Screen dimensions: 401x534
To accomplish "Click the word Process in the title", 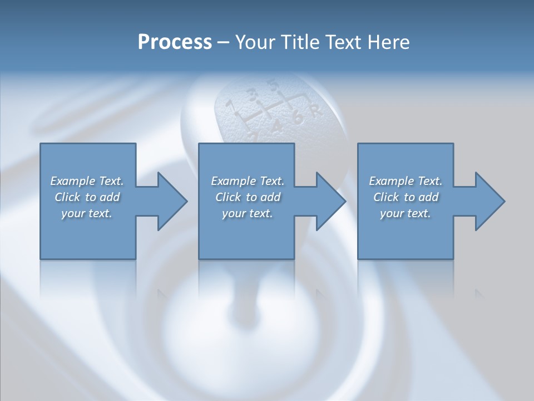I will [x=175, y=42].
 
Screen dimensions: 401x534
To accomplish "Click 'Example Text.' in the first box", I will [x=87, y=181].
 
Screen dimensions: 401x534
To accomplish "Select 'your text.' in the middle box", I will [x=247, y=213].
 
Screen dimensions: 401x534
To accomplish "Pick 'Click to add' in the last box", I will [x=406, y=197].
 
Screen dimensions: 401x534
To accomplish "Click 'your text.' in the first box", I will [x=87, y=213].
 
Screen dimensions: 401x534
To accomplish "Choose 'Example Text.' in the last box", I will [x=406, y=181].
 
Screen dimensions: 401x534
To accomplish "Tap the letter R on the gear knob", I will [x=316, y=111].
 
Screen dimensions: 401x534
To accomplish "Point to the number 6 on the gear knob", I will [x=298, y=118].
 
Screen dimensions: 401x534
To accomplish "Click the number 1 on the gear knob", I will [x=229, y=105].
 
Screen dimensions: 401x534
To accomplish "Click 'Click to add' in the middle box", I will [x=247, y=197].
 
